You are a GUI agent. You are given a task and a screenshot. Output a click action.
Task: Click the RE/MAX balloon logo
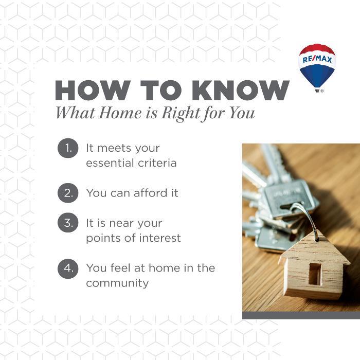tap(317, 68)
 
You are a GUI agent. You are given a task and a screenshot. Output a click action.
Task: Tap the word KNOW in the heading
tap(241, 90)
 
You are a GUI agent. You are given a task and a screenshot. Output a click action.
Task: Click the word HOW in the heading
tap(93, 90)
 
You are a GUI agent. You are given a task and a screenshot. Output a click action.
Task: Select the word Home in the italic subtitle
tap(120, 113)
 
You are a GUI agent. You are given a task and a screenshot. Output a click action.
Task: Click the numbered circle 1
tap(68, 148)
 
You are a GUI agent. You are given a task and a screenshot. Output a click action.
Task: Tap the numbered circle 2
tap(68, 193)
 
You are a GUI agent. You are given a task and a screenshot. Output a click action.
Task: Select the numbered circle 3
tap(68, 223)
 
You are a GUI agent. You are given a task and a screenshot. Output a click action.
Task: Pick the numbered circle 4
tap(68, 268)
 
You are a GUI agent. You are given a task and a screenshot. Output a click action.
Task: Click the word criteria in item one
tap(157, 163)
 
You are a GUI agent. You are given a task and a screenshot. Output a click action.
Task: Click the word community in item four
tap(117, 283)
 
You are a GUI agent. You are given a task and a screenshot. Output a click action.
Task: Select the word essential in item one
tap(110, 163)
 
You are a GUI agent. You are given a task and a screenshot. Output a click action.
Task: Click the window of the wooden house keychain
tap(315, 274)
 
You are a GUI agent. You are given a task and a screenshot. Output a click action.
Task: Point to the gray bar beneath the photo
tap(301, 315)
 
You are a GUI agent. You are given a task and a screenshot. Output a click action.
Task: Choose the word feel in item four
tap(120, 268)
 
